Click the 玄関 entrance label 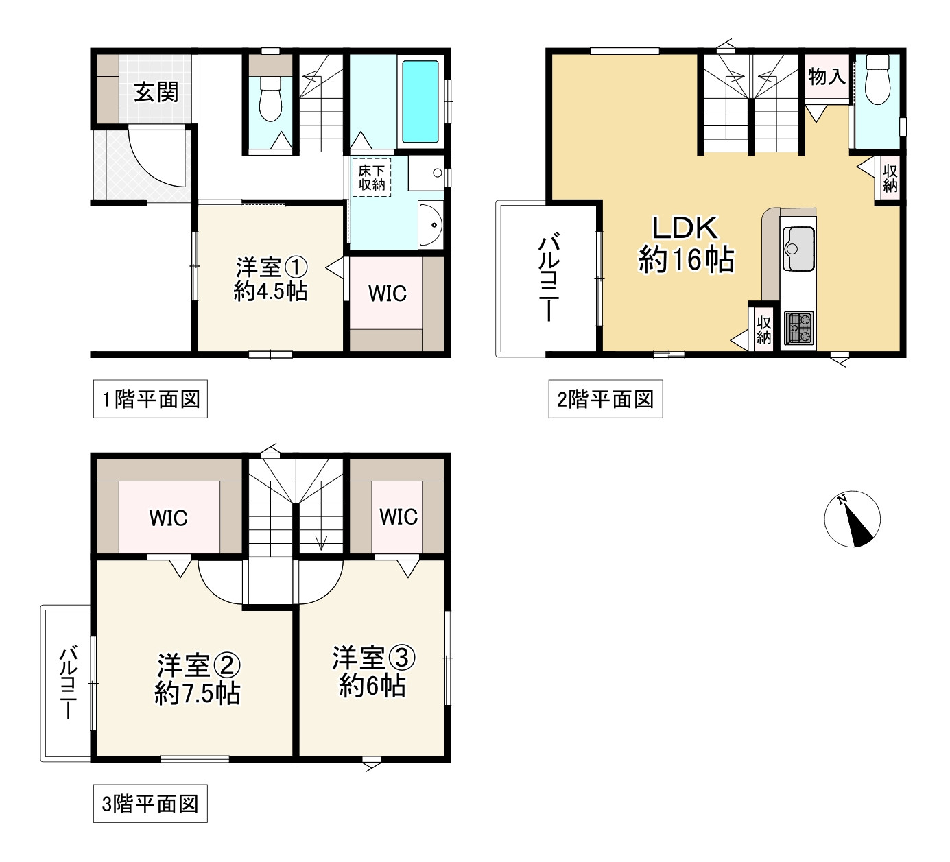click(156, 92)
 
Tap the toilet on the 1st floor click(271, 99)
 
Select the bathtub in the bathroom click(420, 101)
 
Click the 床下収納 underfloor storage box click(372, 178)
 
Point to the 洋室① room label click(270, 279)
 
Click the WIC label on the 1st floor click(387, 294)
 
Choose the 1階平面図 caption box click(150, 399)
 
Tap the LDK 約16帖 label click(686, 244)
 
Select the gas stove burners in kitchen click(798, 328)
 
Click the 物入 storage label click(826, 76)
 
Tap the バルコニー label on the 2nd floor click(549, 278)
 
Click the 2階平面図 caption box click(605, 399)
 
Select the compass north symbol click(852, 519)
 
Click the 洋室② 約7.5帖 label click(198, 679)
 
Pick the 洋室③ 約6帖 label click(373, 672)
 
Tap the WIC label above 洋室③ click(398, 516)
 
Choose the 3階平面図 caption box click(150, 804)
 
